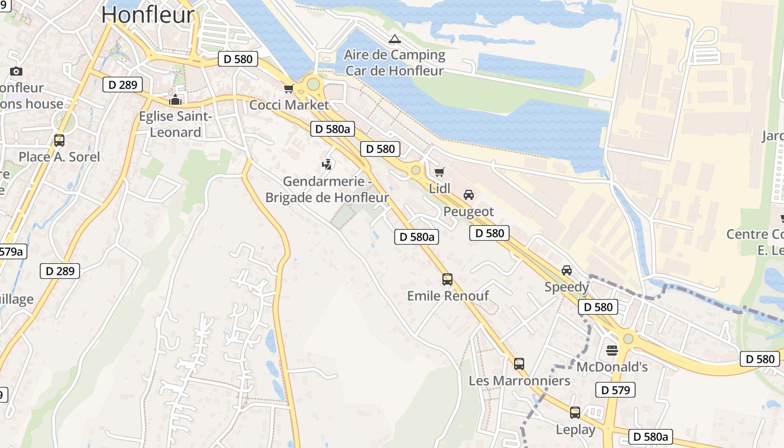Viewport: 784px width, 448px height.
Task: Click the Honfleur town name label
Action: pos(148,15)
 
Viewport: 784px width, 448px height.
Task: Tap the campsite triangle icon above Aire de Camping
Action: pos(395,39)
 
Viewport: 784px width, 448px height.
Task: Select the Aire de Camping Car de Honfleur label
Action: pos(394,63)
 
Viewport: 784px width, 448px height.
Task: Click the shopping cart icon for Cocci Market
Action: pos(289,88)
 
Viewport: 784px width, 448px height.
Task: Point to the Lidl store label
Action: pos(439,188)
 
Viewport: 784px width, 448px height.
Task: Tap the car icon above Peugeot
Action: pos(469,195)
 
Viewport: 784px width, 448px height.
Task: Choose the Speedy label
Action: pos(567,287)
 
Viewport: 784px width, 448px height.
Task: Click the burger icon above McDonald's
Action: pos(612,351)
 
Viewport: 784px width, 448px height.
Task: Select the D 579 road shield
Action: pos(615,390)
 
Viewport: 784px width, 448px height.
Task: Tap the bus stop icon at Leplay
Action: pos(575,413)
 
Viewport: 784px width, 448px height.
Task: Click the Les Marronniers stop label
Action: pos(519,381)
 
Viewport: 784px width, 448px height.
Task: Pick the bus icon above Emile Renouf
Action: pos(447,279)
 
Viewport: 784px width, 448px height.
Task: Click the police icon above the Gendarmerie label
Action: pos(327,165)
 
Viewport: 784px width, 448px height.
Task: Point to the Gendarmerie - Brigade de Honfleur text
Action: pos(327,189)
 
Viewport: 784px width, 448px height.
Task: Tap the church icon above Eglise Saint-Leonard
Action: pos(175,100)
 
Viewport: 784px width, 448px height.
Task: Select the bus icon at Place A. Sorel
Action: pos(59,141)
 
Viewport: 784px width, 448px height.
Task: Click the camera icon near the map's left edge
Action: pos(16,71)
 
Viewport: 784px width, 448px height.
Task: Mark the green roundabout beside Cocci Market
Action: pos(313,85)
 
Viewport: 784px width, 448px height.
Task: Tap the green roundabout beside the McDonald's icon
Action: pos(628,338)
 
